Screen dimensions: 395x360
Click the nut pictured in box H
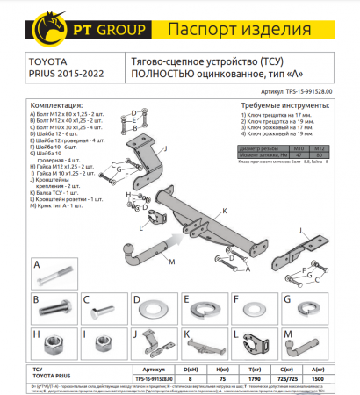pos(58,342)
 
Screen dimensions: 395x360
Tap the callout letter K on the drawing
pos(224,212)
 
